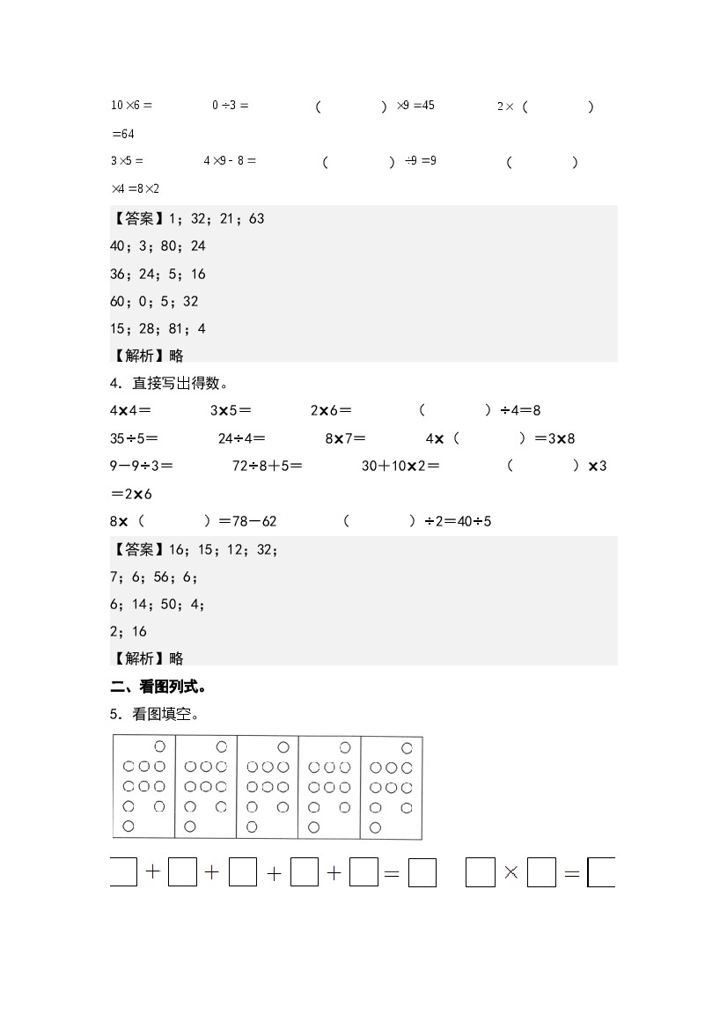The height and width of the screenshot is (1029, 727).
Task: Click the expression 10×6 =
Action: [131, 106]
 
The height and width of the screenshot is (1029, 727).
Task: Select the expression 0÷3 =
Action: [230, 106]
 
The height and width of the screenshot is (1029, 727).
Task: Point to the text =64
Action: [122, 134]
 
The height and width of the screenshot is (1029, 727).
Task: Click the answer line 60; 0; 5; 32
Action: [154, 301]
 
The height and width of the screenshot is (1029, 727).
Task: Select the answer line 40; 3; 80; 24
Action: [158, 246]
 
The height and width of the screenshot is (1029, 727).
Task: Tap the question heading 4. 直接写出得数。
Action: [169, 383]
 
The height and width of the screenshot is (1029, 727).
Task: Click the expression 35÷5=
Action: [134, 438]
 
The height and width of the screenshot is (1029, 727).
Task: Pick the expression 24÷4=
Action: [241, 438]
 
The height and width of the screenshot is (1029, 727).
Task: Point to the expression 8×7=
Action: [345, 438]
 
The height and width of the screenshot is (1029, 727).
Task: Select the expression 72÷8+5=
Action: [267, 466]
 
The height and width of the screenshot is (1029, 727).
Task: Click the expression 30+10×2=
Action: [400, 466]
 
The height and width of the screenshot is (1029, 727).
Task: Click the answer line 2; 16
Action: [129, 631]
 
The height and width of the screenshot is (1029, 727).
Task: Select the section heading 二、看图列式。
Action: [158, 687]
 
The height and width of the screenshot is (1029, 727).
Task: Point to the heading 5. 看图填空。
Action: [154, 714]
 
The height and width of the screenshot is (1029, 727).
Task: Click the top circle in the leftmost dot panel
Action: [159, 747]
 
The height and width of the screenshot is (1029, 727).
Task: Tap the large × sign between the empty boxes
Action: [511, 873]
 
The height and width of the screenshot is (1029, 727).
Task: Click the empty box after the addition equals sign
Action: [423, 873]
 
